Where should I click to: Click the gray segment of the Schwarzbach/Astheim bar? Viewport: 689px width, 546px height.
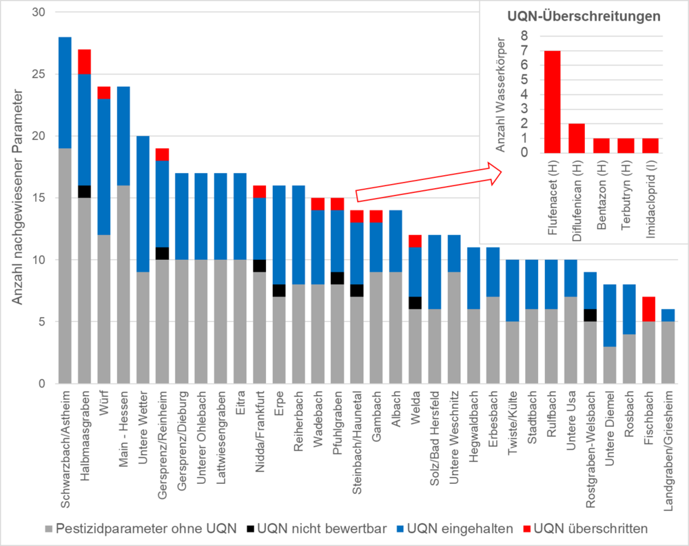65,265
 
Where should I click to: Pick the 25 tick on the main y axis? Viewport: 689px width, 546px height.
37,74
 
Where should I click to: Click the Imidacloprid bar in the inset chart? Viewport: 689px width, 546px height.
650,145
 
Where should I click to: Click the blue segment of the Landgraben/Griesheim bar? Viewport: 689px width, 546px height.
668,315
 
